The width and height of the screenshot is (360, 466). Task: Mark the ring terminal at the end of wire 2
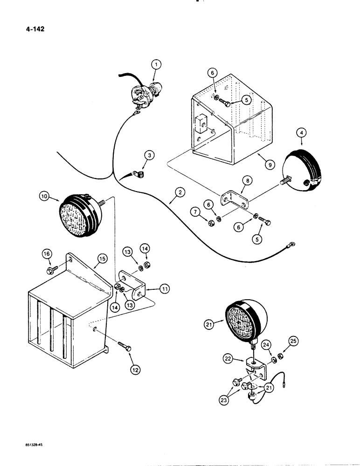(x=292, y=243)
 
